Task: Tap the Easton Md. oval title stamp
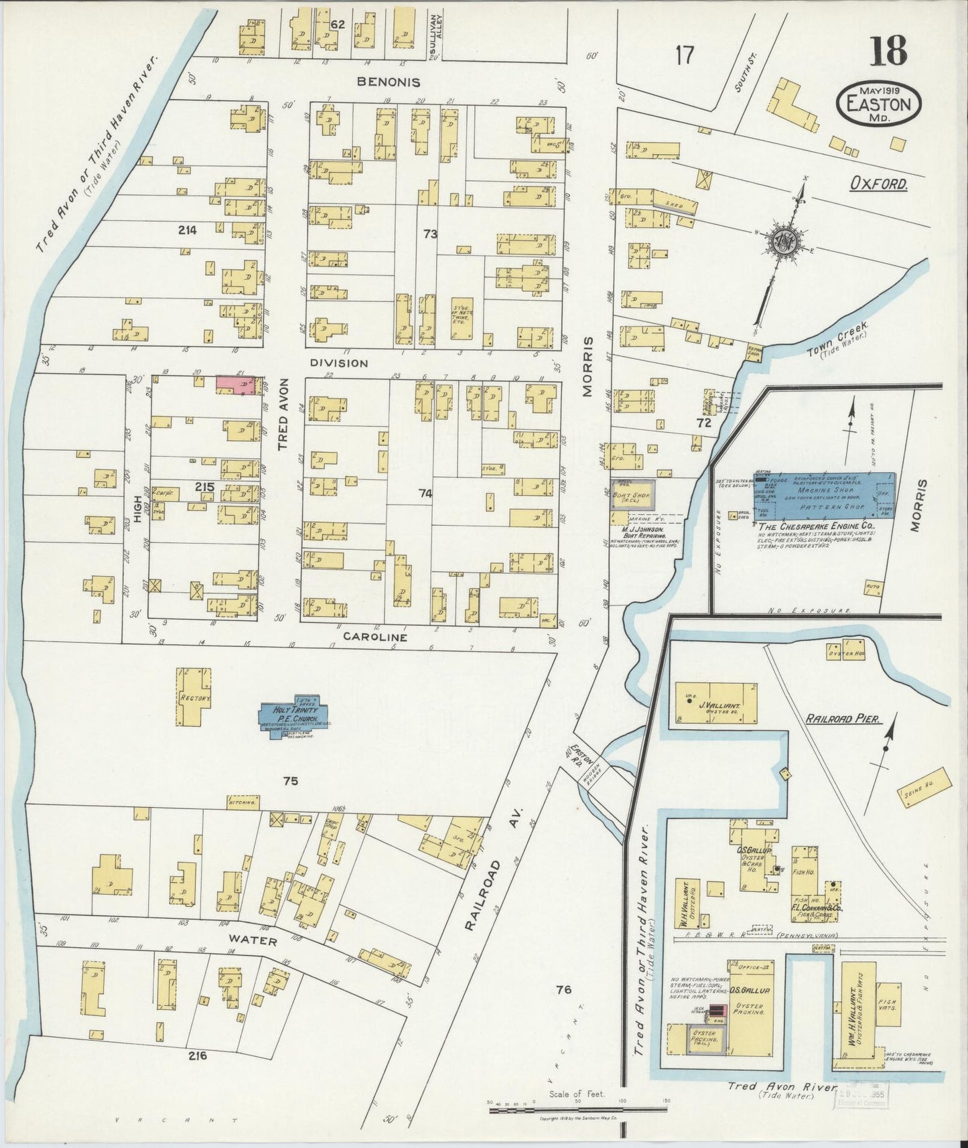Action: tap(878, 104)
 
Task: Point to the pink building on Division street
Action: tap(236, 384)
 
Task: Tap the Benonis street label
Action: tap(389, 82)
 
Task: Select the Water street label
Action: tap(255, 941)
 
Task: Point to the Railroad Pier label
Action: tap(841, 719)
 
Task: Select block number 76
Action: tap(563, 989)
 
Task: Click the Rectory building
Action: tap(195, 697)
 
